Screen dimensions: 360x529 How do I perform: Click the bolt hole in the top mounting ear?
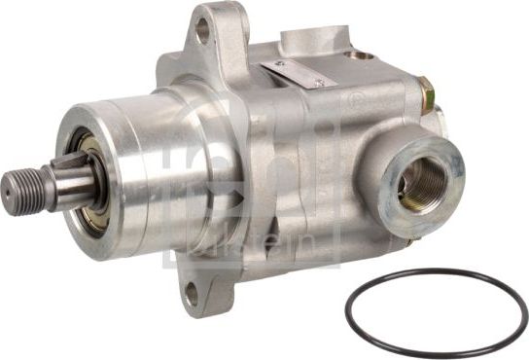203,29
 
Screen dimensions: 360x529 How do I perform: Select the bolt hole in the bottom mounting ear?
192,289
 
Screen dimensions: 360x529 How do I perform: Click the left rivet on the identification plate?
281,64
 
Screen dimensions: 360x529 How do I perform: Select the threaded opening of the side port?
421,182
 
